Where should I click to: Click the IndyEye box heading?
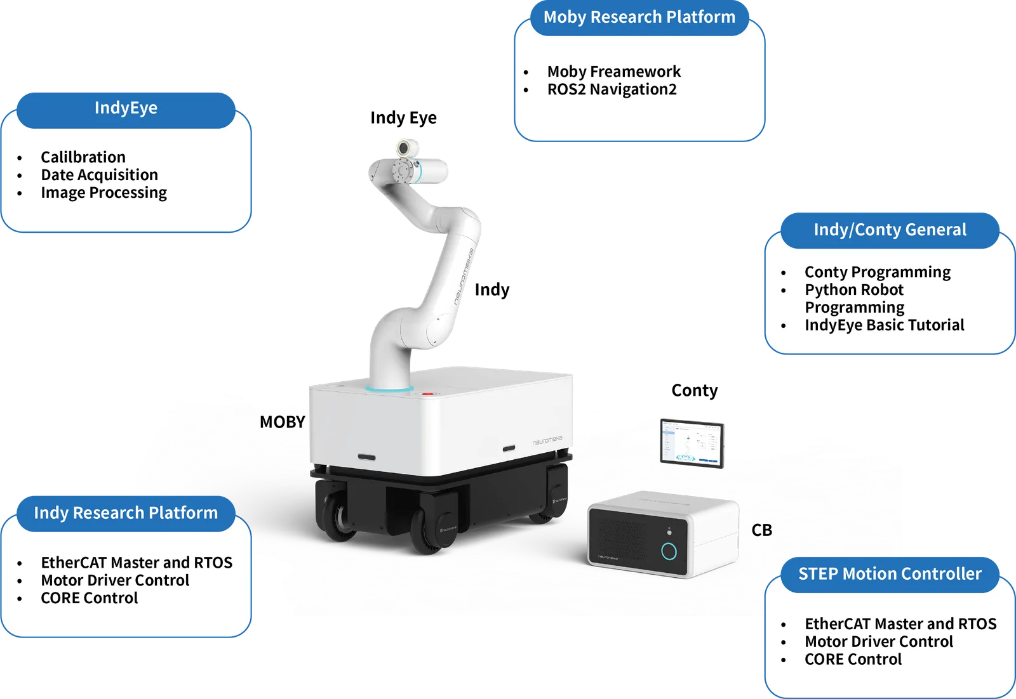pos(126,108)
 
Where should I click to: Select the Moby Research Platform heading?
pos(639,17)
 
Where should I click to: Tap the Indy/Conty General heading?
pos(890,230)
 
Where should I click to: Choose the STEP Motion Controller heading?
pos(890,574)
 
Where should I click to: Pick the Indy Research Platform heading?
pos(126,513)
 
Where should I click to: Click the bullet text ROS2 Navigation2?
pos(612,89)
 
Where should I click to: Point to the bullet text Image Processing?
pos(104,193)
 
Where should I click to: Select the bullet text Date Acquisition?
pos(99,175)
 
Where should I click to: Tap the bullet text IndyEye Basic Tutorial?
pos(885,325)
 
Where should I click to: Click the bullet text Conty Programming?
pos(878,272)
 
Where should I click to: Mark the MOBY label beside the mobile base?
pos(282,422)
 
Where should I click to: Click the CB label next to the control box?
pos(761,530)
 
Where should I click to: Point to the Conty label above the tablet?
pos(695,391)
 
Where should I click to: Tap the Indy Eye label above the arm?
pos(403,118)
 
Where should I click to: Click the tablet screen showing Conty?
pos(692,443)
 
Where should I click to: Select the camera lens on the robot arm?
pos(403,148)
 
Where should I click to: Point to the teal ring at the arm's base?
pos(389,389)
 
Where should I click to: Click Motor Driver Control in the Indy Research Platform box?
pos(115,580)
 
